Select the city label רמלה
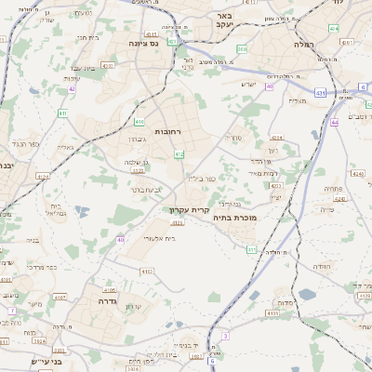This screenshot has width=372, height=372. coord(305,43)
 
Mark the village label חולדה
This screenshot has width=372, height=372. coord(322,267)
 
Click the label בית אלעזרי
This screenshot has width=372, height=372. coord(143,238)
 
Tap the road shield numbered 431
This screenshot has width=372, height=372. coord(320,93)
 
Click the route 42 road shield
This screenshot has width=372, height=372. coord(72,89)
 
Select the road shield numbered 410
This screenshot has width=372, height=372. coord(139,122)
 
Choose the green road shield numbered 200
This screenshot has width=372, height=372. coord(242,49)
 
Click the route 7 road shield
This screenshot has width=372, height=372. coord(12,310)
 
